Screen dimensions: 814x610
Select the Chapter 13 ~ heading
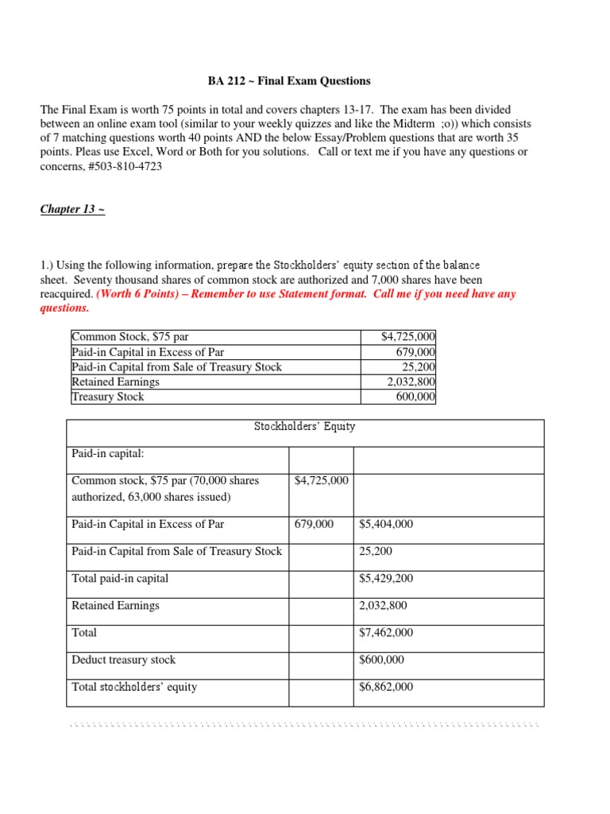(x=72, y=210)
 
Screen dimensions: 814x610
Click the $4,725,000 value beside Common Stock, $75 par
(x=408, y=338)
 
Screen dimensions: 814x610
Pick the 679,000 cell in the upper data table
(x=415, y=352)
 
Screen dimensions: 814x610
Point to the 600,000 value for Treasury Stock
(x=415, y=396)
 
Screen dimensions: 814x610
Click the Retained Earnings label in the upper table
(x=115, y=382)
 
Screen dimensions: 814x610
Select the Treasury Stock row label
(x=108, y=396)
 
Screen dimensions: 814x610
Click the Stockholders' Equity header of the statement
(x=304, y=427)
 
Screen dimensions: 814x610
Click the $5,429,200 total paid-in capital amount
(x=386, y=579)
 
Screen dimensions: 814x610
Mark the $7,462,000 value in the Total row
(x=386, y=633)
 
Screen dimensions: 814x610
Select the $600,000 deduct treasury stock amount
(x=382, y=660)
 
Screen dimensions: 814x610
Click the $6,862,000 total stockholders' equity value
(x=386, y=687)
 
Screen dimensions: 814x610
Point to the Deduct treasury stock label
(x=123, y=660)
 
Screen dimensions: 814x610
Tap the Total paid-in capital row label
(x=120, y=579)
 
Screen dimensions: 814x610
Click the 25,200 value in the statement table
(x=375, y=552)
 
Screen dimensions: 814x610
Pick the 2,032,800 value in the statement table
(x=383, y=606)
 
